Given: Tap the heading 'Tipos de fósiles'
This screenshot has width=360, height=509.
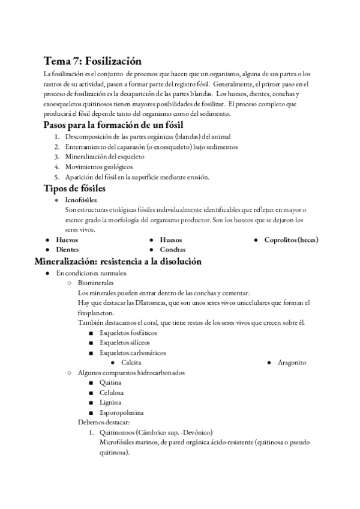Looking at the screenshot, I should [x=74, y=188].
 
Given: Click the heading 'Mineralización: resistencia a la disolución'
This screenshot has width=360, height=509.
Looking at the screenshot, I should [x=118, y=261].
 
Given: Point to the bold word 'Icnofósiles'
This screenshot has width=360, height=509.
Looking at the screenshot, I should [x=80, y=199].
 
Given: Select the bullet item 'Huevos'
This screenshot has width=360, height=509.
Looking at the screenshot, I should [x=67, y=239].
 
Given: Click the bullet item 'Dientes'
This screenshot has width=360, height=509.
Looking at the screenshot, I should [x=67, y=249].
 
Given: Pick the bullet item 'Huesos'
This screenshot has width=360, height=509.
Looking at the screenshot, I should [x=171, y=239].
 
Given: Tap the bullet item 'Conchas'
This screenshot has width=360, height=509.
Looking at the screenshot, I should [x=172, y=249].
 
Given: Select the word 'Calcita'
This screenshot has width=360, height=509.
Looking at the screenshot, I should [x=131, y=363].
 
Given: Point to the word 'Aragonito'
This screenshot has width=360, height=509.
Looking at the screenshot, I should [x=292, y=363].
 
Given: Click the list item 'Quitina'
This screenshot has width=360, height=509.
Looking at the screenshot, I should [x=111, y=382].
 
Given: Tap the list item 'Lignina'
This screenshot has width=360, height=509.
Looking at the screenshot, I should [x=111, y=402].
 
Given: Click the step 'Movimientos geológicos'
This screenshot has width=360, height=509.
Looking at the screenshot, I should [x=98, y=166].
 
